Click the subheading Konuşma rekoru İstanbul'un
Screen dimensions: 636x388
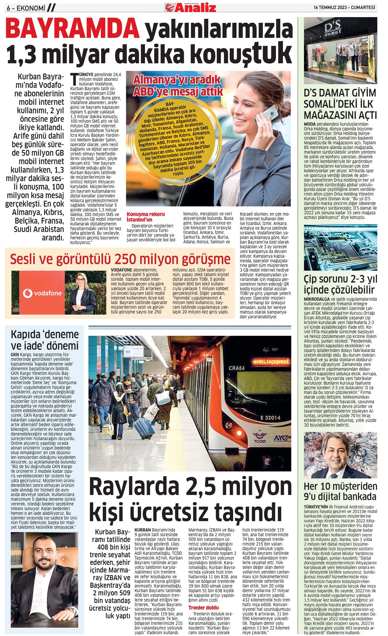pyautogui.click(x=146, y=217)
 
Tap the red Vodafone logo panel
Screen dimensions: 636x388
pyautogui.click(x=42, y=293)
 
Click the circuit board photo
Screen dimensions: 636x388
pyautogui.click(x=340, y=248)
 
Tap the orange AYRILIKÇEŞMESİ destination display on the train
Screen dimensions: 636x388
pyautogui.click(x=271, y=362)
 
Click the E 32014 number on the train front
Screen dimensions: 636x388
pyautogui.click(x=270, y=417)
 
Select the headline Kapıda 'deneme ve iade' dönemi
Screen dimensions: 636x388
pyautogui.click(x=44, y=340)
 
